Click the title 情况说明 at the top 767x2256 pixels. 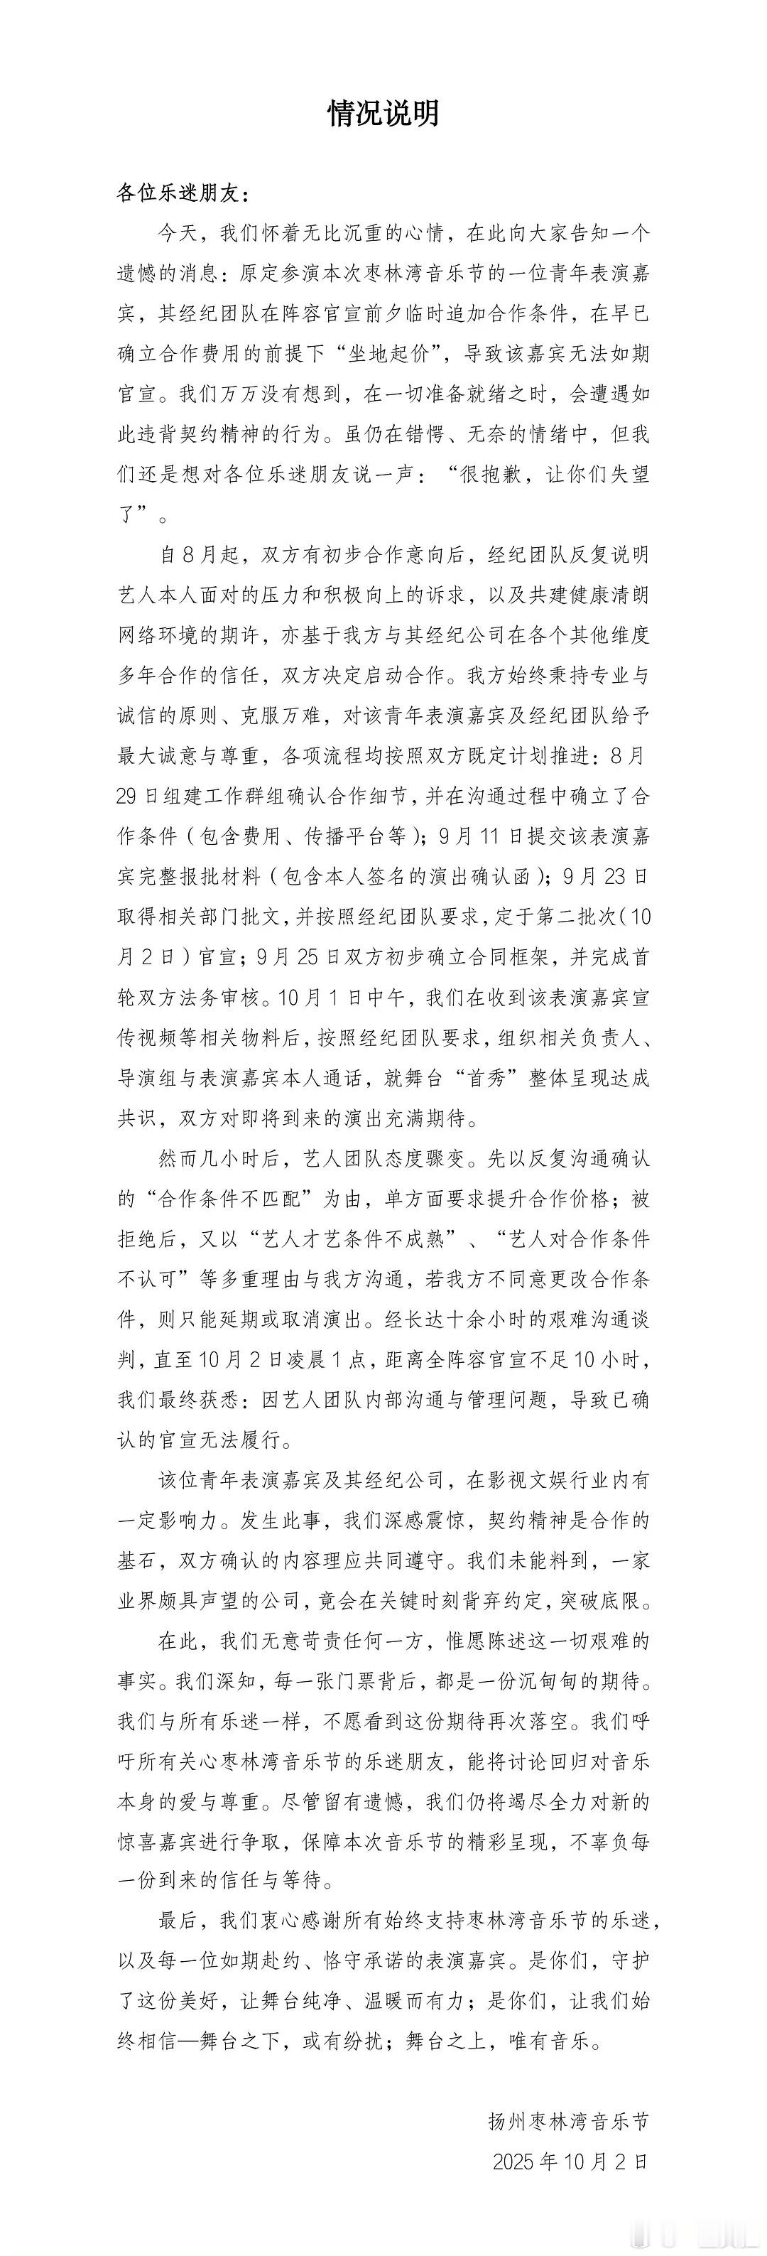tap(383, 114)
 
